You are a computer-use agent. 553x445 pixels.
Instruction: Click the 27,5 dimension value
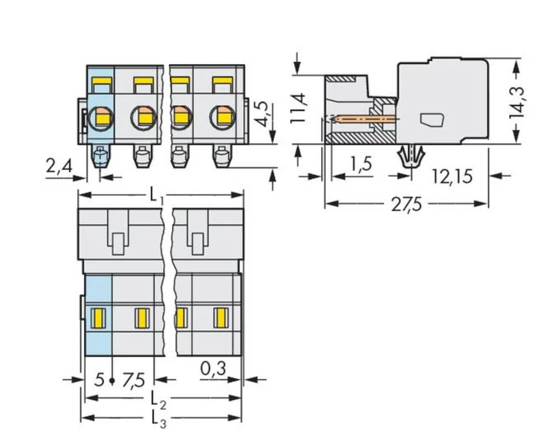click(406, 205)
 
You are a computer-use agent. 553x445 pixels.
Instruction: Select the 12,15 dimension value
click(452, 176)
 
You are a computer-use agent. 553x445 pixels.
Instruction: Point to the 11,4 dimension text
click(299, 108)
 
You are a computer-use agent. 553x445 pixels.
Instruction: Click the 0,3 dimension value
click(213, 368)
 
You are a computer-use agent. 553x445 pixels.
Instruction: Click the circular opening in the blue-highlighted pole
click(101, 117)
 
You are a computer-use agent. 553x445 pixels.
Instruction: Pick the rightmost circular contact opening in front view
click(222, 117)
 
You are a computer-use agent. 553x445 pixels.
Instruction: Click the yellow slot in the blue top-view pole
click(98, 317)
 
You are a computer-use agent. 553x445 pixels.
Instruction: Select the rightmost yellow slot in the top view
click(220, 317)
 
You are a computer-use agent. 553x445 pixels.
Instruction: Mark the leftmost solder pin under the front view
click(100, 157)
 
